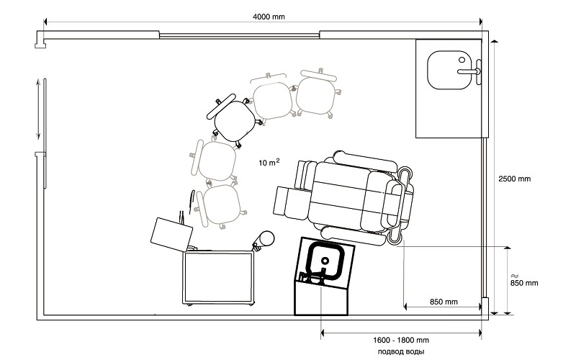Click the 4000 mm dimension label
tap(269, 17)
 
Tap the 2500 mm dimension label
tap(514, 179)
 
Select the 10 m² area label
tap(269, 162)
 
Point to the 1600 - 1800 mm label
tap(401, 340)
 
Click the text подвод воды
tap(401, 351)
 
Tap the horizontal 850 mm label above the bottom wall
tap(444, 302)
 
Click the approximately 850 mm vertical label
tap(524, 280)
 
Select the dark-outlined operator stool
tap(231, 118)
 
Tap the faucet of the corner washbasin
tap(470, 71)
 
